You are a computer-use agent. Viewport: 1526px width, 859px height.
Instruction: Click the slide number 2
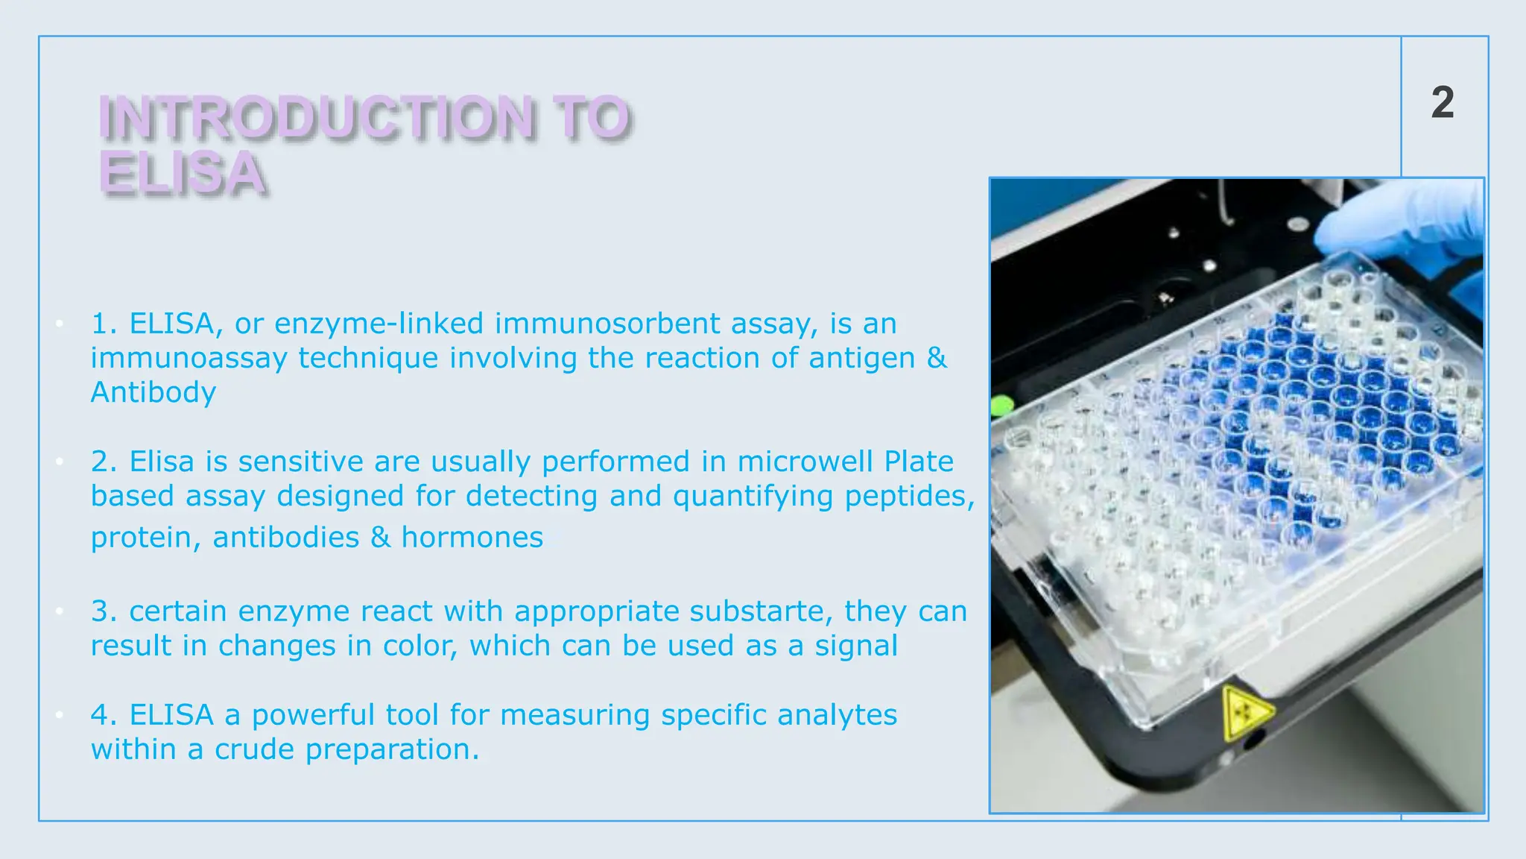1443,103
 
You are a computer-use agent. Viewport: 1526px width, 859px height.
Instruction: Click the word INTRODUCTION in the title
316,118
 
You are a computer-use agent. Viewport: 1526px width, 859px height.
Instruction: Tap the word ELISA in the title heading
182,173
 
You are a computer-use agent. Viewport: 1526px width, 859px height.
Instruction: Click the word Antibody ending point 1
153,392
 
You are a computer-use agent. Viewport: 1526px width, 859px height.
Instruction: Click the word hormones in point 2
472,538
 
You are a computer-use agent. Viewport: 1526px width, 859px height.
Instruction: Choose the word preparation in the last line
391,749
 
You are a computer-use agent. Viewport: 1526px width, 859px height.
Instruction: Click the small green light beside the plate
1002,406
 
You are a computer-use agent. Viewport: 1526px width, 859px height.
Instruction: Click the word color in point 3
419,646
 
